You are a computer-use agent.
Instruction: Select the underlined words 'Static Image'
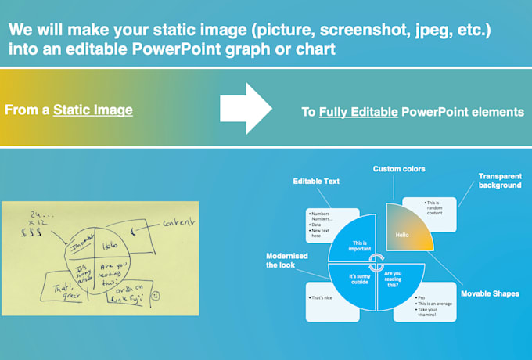(93, 110)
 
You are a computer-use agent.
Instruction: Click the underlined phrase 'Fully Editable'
(358, 113)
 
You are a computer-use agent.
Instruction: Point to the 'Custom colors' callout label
(398, 168)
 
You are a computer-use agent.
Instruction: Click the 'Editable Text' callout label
(317, 182)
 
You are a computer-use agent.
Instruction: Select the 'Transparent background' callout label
(500, 181)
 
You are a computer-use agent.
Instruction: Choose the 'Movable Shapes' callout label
(490, 293)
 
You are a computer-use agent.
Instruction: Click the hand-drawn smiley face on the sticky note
(156, 296)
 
